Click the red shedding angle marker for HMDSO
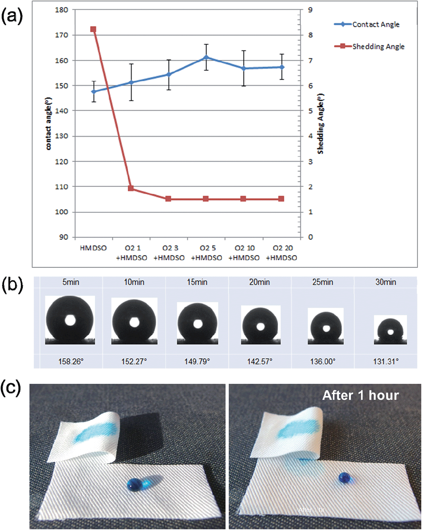coord(93,29)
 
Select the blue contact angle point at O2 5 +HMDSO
coord(206,58)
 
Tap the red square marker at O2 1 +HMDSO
coord(131,188)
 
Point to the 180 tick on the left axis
coord(61,10)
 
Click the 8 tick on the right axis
coord(311,35)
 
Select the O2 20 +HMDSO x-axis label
coord(282,253)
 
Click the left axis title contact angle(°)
coord(48,124)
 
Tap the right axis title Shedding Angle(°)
coord(321,124)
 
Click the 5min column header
coord(71,282)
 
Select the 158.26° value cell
coord(71,361)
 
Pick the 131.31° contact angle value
coord(386,361)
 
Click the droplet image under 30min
coord(390,330)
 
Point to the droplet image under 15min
coord(197,323)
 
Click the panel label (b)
coord(12,285)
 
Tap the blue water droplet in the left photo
coord(134,484)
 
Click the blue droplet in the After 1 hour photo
coord(344,478)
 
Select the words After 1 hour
coord(360,395)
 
